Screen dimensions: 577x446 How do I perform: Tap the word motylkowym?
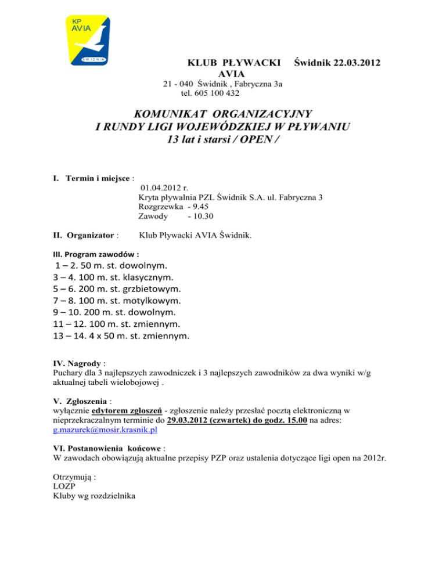coord(150,301)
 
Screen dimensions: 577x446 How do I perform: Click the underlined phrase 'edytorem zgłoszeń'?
coord(126,410)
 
